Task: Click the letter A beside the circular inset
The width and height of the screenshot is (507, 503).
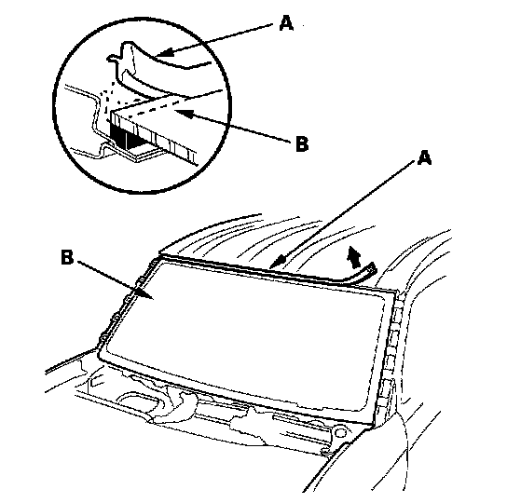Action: pyautogui.click(x=286, y=23)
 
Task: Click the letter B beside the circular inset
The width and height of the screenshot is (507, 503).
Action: pyautogui.click(x=302, y=144)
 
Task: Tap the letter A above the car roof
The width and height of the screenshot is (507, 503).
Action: pyautogui.click(x=424, y=158)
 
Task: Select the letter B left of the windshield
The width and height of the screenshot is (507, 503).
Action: pyautogui.click(x=67, y=258)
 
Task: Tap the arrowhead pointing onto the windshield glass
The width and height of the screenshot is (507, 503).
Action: pyautogui.click(x=144, y=292)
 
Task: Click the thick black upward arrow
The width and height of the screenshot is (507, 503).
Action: pyautogui.click(x=353, y=257)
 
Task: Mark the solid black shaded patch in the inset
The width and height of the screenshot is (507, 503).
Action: pyautogui.click(x=118, y=137)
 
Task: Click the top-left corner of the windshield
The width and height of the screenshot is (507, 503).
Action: pyautogui.click(x=158, y=258)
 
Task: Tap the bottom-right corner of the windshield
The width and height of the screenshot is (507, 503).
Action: pyautogui.click(x=373, y=425)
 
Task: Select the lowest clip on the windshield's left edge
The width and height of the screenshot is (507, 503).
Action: pyautogui.click(x=103, y=338)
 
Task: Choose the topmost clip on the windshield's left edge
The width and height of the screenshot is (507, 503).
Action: pyautogui.click(x=152, y=265)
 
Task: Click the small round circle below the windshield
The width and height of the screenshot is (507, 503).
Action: pyautogui.click(x=339, y=431)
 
